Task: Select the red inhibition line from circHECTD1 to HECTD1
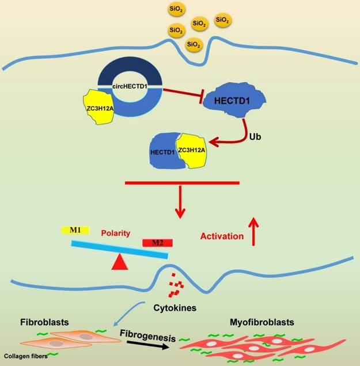tap(181, 96)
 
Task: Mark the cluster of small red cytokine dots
tap(176, 288)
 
